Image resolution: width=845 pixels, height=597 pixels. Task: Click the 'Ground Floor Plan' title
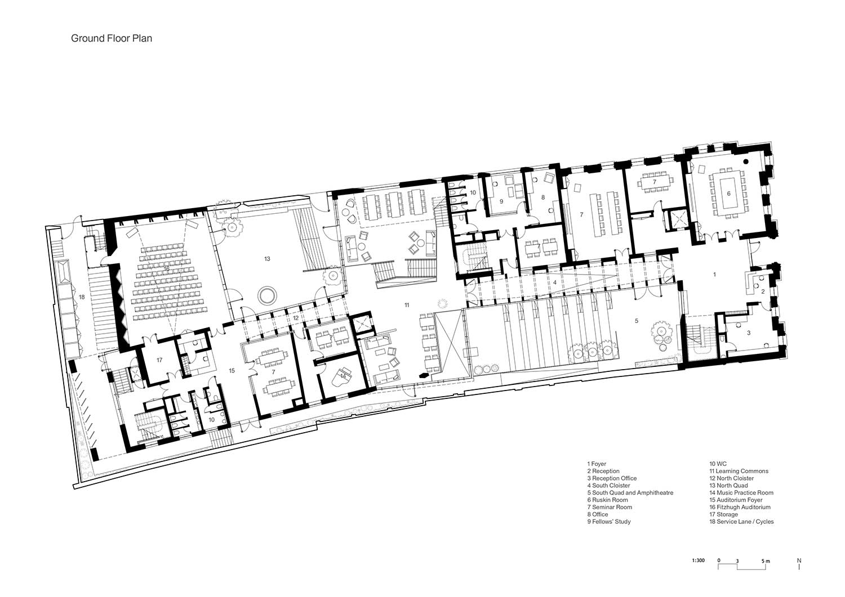coord(112,38)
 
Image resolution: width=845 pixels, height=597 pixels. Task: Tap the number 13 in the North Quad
coord(267,259)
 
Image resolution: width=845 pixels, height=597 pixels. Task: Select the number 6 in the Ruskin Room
coord(728,194)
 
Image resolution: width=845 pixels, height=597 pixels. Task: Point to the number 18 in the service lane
coord(82,297)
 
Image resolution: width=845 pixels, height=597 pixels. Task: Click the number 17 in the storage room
coord(159,360)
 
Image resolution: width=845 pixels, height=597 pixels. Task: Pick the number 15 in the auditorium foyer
coord(232,370)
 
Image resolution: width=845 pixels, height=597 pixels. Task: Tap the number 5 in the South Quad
coord(637,321)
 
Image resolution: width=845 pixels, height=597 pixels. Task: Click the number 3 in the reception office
coord(749,333)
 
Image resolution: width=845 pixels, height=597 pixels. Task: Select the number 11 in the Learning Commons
coord(407,305)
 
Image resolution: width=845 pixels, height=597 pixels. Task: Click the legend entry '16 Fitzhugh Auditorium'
coord(740,507)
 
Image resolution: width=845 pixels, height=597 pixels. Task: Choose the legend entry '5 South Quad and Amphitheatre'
coord(630,492)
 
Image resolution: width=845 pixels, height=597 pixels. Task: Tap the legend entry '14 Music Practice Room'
coord(741,492)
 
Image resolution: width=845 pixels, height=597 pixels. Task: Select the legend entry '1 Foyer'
coord(597,464)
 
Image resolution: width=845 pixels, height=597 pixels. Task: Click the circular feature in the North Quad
coord(267,294)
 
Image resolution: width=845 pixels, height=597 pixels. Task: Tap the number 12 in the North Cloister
coord(295,318)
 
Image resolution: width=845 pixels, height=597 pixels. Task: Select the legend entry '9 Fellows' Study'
coord(609,522)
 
